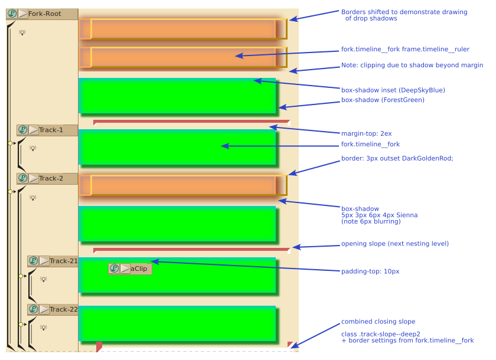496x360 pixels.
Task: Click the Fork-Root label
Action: coord(45,14)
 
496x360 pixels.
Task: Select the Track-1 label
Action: coord(51,130)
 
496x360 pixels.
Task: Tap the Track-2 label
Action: coord(51,178)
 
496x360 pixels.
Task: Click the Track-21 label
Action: coord(63,261)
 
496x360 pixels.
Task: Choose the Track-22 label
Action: coord(63,309)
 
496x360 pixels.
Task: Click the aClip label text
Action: coord(139,269)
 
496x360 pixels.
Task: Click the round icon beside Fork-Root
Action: coord(12,14)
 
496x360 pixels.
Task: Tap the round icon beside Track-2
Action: coord(22,178)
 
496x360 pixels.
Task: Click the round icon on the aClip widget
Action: coord(114,269)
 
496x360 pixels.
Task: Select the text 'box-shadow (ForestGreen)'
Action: coord(383,100)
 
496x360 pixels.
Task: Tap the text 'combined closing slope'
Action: coord(378,322)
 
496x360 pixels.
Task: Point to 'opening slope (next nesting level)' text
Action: coord(394,244)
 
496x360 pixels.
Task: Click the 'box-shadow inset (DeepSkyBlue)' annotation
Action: coord(393,90)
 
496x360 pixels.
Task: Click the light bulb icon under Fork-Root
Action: coord(22,32)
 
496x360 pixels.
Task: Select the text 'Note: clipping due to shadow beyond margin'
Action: coord(412,66)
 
